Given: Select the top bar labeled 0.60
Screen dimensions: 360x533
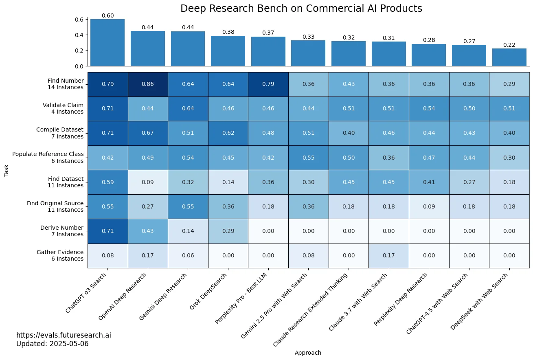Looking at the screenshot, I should [x=107, y=42].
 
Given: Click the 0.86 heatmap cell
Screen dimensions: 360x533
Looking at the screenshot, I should [x=148, y=84].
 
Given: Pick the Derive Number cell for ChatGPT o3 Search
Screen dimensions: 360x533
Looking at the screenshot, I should [x=107, y=231].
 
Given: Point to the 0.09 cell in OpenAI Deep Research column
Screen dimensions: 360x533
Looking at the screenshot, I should [x=148, y=182].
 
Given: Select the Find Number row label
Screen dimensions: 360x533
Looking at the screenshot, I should [x=65, y=84].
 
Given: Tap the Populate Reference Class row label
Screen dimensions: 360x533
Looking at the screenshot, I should [x=48, y=157].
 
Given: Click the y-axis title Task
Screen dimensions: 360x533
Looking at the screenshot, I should [x=6, y=170].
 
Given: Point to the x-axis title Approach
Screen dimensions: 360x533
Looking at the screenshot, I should [x=308, y=353].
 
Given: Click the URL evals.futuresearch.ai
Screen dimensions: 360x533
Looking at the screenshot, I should [x=64, y=335].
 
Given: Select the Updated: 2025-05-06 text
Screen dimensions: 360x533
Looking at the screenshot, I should [x=52, y=344].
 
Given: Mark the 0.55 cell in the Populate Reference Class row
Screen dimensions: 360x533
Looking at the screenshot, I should [x=308, y=158].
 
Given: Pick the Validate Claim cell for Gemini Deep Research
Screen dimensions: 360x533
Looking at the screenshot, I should [x=188, y=108].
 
